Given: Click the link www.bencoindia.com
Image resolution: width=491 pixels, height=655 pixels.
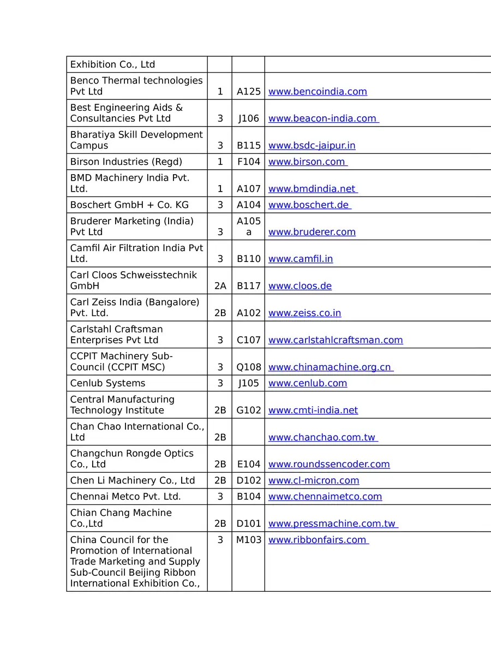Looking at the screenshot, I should click(318, 92).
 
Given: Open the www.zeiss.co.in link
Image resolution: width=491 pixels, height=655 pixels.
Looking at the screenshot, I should click(304, 313).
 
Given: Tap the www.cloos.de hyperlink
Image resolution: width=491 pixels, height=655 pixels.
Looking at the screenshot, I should click(300, 286).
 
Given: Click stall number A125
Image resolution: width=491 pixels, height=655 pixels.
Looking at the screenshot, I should click(248, 92).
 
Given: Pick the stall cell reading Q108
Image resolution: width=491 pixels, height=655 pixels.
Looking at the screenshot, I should click(248, 367).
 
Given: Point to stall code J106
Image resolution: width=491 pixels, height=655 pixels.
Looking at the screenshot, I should click(248, 118).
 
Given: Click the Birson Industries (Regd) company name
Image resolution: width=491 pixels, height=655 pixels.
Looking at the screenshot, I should click(126, 162).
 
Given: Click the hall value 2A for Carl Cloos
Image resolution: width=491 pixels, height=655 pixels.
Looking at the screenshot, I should click(220, 286).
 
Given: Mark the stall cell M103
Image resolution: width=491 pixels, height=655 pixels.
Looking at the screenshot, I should click(248, 540).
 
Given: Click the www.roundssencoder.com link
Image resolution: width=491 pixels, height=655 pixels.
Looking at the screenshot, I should click(329, 465).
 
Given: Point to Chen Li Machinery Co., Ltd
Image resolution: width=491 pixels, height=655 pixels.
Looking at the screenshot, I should click(133, 480).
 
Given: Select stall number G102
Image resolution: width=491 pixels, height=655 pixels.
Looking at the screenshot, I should click(248, 410).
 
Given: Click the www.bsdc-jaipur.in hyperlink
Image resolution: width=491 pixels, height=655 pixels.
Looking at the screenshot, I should click(312, 146).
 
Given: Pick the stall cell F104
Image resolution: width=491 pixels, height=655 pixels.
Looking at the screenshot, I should click(248, 162).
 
